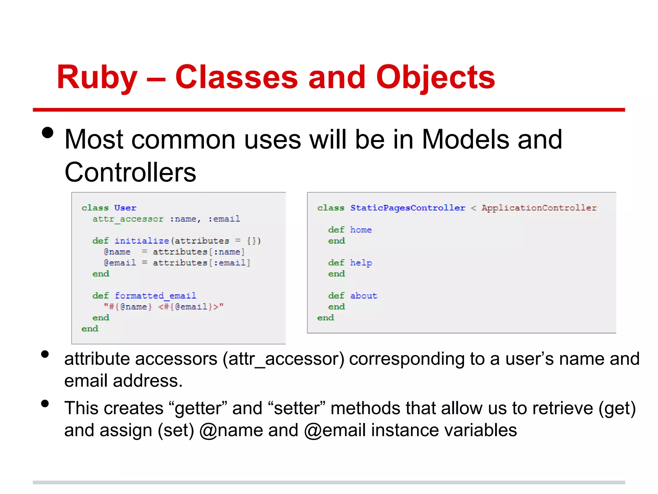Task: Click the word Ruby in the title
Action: [97, 78]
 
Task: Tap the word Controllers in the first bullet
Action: [130, 173]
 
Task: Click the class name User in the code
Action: [125, 208]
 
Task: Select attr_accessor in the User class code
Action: [128, 219]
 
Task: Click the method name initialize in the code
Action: [142, 241]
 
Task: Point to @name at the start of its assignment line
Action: [117, 252]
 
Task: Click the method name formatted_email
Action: [155, 296]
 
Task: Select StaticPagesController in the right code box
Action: [407, 208]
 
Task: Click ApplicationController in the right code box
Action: [539, 208]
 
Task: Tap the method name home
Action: [361, 230]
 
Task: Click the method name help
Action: [361, 263]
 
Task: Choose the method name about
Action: [363, 296]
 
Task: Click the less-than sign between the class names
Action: [473, 208]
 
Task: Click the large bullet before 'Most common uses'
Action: [48, 133]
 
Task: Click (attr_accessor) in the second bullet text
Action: [284, 359]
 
